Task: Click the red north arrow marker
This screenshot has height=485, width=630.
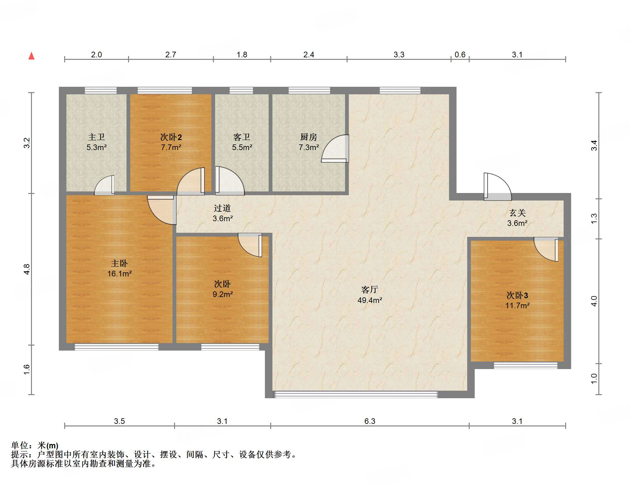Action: [31, 56]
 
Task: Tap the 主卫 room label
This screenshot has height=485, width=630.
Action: [96, 137]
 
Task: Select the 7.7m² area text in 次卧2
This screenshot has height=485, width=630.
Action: [171, 147]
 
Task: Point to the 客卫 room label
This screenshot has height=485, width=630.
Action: [242, 137]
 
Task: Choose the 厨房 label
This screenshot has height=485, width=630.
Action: [309, 137]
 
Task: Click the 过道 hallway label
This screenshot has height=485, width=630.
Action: [222, 208]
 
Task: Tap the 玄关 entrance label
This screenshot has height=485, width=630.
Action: [517, 213]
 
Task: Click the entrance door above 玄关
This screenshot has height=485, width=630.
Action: [498, 187]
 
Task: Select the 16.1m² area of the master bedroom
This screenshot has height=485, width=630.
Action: [119, 274]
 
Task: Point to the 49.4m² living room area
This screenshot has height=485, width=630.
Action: [370, 300]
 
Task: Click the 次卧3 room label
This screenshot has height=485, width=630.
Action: [517, 295]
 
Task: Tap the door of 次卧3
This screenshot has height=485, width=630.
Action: [546, 249]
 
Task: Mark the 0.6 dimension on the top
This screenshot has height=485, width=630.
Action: [460, 55]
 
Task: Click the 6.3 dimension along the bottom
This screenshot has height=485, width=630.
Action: [370, 421]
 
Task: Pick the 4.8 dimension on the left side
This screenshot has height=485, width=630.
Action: [27, 269]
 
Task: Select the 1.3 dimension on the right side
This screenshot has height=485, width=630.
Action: [594, 219]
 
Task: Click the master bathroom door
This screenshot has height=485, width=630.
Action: [104, 185]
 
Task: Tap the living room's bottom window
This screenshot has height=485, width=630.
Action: [355, 394]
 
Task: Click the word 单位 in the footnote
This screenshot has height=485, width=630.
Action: [20, 445]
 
